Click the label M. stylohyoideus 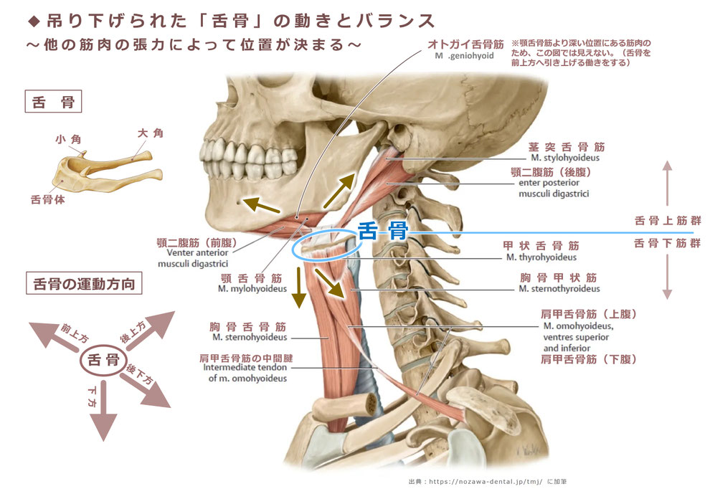[x=565, y=158]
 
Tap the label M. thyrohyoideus [x=541, y=257]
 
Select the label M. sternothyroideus [x=559, y=288]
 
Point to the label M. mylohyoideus [x=252, y=288]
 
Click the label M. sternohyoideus [x=250, y=337]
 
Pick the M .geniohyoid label [x=464, y=56]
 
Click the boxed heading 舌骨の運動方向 [x=84, y=283]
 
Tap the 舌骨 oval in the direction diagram [x=103, y=360]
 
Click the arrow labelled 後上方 [x=151, y=330]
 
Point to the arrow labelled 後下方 [x=146, y=388]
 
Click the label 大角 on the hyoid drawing [x=151, y=133]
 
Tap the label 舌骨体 [x=47, y=200]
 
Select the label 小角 [x=68, y=139]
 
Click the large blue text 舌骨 [x=383, y=231]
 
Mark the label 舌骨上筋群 [x=668, y=221]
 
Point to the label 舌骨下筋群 [x=668, y=243]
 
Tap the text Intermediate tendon [x=245, y=367]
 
